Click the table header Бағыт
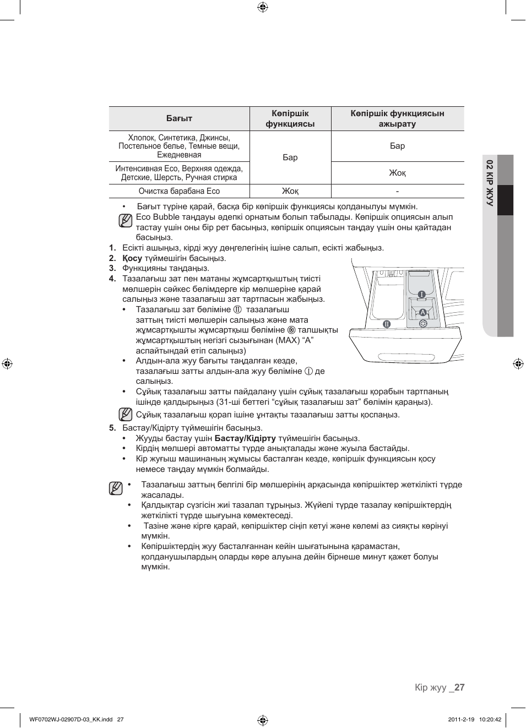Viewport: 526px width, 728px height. (179, 118)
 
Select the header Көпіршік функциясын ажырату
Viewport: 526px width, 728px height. (397, 118)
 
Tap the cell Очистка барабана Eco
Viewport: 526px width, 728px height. (179, 191)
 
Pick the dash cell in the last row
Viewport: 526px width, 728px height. (397, 191)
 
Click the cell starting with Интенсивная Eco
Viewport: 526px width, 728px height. (179, 173)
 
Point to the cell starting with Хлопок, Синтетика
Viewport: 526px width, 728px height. (179, 146)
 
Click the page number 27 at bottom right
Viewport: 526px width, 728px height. (459, 687)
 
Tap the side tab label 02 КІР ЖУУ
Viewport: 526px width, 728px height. (489, 182)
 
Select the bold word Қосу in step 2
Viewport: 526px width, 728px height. (132, 258)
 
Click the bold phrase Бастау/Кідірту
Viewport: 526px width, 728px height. (245, 438)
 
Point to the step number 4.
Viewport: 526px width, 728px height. (112, 279)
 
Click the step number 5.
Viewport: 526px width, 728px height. (112, 428)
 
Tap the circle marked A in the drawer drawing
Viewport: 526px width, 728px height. (423, 312)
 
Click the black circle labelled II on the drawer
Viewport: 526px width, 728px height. (387, 324)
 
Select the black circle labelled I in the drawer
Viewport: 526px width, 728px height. (421, 295)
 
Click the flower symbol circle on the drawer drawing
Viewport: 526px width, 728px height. (423, 323)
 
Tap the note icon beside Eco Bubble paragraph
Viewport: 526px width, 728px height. (126, 221)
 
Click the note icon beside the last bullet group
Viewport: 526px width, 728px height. (116, 488)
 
